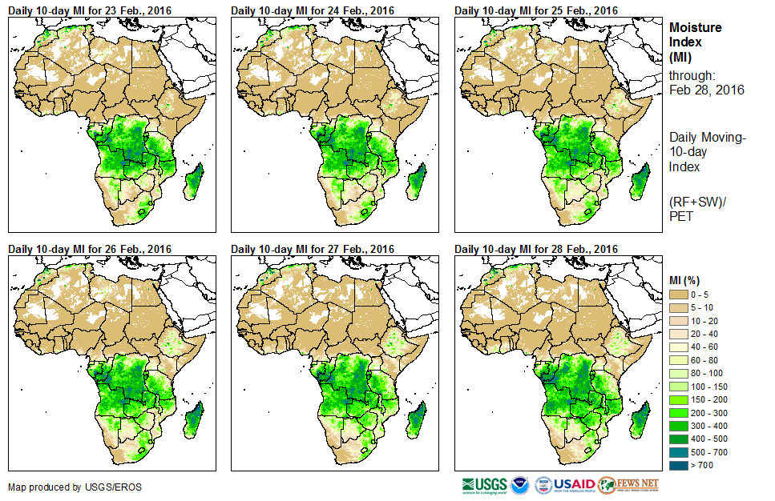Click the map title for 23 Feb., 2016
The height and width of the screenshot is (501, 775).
[x=90, y=10]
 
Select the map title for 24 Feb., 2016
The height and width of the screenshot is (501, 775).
[x=313, y=10]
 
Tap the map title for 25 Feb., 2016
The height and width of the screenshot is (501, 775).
[x=536, y=10]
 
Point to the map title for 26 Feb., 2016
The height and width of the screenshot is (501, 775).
[x=90, y=249]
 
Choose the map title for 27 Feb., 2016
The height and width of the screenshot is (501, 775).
[x=313, y=249]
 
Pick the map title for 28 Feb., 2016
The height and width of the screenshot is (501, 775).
[x=536, y=249]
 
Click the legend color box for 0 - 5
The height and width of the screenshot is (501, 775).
[x=679, y=295]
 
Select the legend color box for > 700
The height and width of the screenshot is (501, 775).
[x=679, y=465]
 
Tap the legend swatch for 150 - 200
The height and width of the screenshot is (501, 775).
[x=679, y=399]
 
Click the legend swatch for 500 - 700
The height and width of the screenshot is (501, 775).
[x=679, y=452]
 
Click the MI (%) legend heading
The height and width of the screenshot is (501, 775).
[x=687, y=279]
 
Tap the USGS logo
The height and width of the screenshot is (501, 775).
[x=484, y=485]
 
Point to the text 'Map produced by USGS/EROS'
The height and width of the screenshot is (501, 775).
[x=64, y=487]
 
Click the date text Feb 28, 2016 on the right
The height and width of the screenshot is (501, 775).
[x=706, y=90]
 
